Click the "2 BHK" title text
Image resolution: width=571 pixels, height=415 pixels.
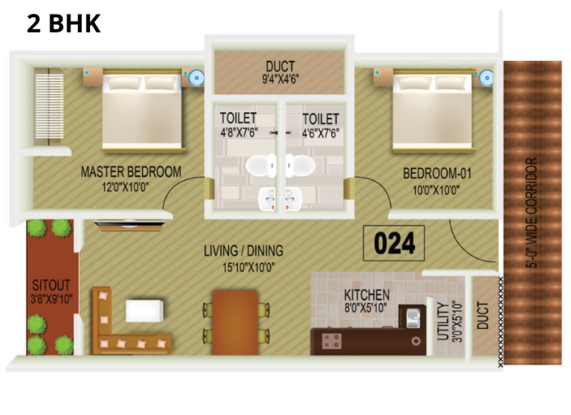(64, 23)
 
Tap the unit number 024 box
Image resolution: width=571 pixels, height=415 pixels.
(393, 243)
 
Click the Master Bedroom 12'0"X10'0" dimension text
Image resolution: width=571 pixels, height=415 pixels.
(125, 187)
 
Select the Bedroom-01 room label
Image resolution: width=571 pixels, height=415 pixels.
(437, 173)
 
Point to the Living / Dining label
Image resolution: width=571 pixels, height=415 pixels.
(243, 251)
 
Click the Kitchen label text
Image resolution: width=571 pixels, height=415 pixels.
(367, 295)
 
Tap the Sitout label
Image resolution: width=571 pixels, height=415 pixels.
(51, 285)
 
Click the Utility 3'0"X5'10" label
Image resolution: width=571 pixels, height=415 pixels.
(450, 321)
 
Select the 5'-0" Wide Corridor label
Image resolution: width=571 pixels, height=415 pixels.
(532, 213)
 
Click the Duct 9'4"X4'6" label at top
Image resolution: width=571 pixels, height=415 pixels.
(280, 72)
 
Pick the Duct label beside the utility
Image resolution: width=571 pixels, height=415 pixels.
(483, 316)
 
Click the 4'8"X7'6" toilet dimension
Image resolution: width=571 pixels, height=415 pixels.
(239, 132)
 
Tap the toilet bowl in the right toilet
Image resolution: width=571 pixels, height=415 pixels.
(300, 166)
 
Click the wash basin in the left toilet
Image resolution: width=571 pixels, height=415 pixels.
(267, 198)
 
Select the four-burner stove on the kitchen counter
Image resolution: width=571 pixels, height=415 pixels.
(332, 341)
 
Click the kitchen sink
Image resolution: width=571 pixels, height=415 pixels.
(413, 318)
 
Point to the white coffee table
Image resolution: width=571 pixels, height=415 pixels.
(144, 310)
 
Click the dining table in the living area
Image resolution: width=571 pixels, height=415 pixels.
(235, 322)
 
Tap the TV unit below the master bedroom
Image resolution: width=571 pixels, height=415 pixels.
(129, 226)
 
